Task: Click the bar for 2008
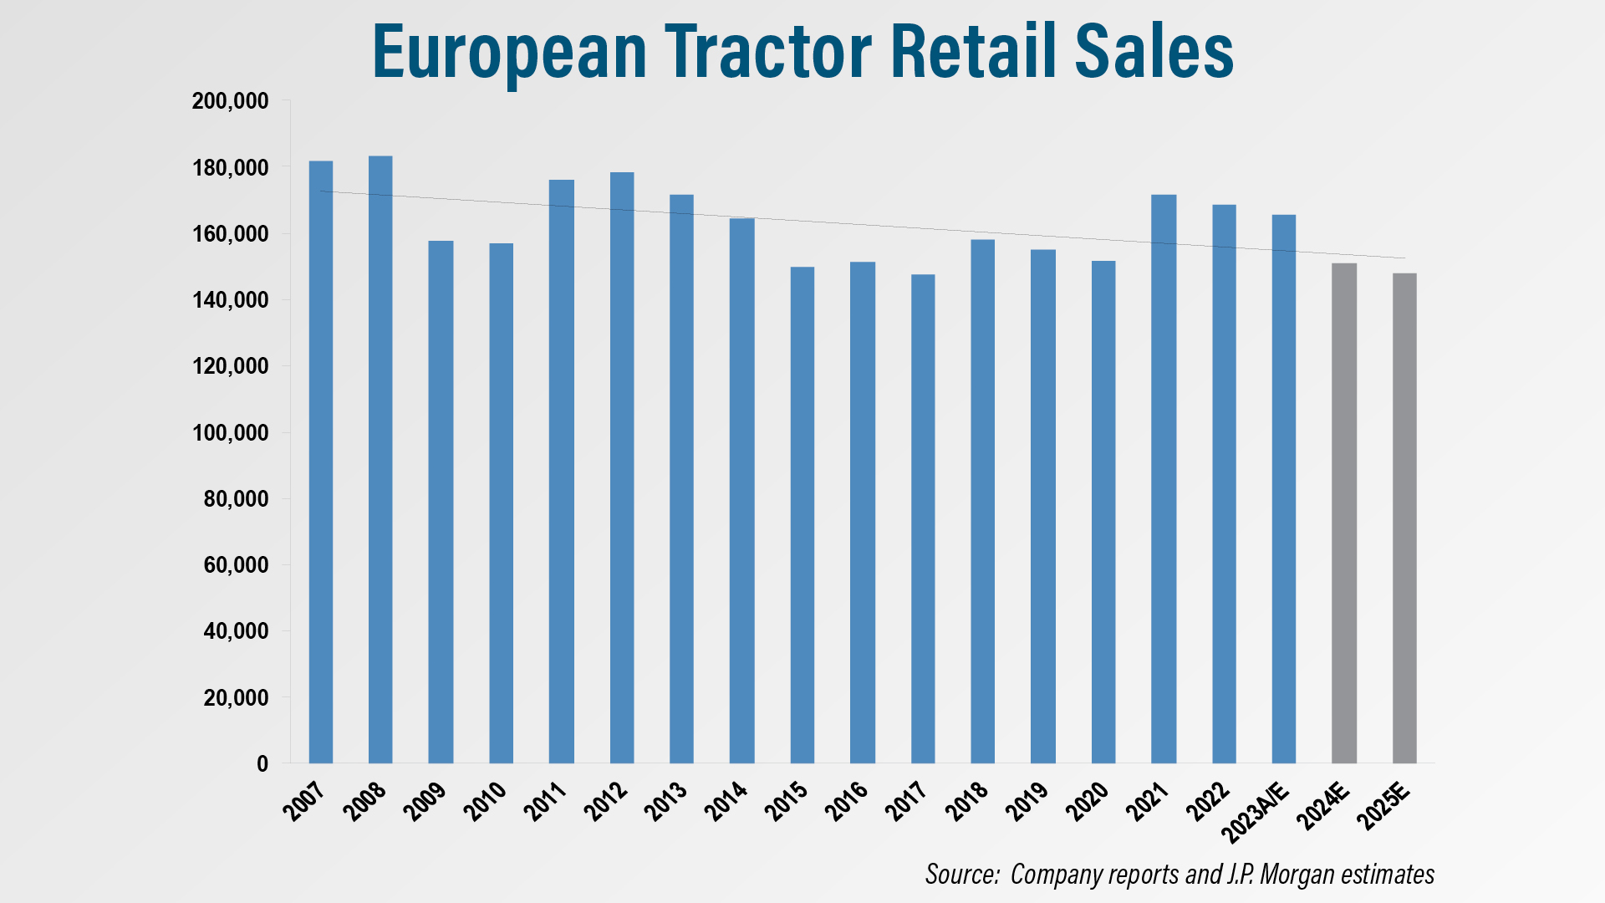click(x=380, y=460)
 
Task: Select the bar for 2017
click(x=923, y=518)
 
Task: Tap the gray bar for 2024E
click(x=1344, y=513)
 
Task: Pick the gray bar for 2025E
click(x=1404, y=518)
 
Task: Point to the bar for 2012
click(x=622, y=467)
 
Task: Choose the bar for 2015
click(x=802, y=515)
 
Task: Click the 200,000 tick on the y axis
click(x=230, y=101)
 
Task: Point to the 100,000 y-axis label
click(x=230, y=433)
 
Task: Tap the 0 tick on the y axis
click(x=262, y=763)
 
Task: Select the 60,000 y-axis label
click(x=236, y=565)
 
